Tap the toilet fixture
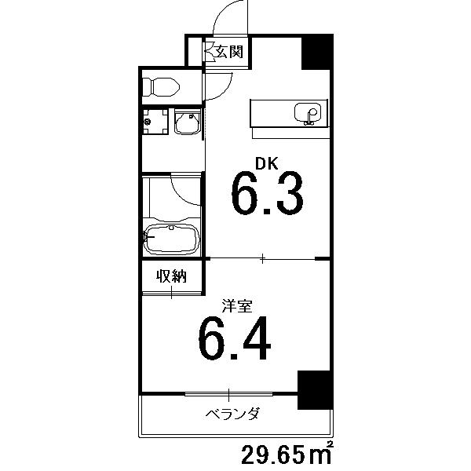(161, 87)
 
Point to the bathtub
(172, 238)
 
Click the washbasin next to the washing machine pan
(188, 122)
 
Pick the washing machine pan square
(155, 122)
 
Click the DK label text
(266, 164)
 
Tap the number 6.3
(267, 193)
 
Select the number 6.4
(235, 338)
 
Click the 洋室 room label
(237, 306)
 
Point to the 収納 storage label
(171, 276)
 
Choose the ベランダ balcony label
(232, 414)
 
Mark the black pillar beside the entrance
(316, 53)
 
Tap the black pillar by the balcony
(315, 390)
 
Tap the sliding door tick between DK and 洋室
(262, 258)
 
